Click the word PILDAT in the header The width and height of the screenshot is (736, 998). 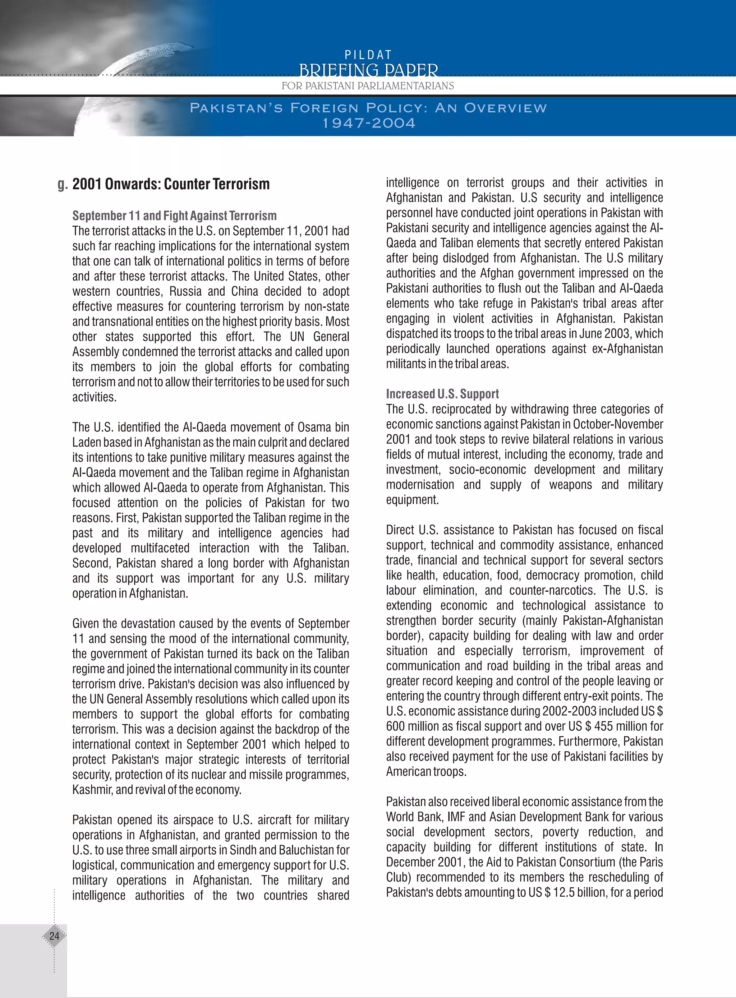(x=368, y=55)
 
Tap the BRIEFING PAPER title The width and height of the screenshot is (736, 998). (x=368, y=70)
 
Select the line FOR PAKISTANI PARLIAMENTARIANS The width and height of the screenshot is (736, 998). (x=368, y=86)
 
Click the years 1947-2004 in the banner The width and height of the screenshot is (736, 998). (x=369, y=123)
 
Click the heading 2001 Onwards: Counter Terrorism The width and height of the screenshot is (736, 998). (x=171, y=184)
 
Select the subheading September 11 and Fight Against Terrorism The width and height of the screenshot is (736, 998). (x=174, y=216)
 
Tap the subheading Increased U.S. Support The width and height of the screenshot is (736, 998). (x=442, y=394)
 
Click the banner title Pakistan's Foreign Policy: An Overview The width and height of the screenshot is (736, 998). (x=368, y=108)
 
